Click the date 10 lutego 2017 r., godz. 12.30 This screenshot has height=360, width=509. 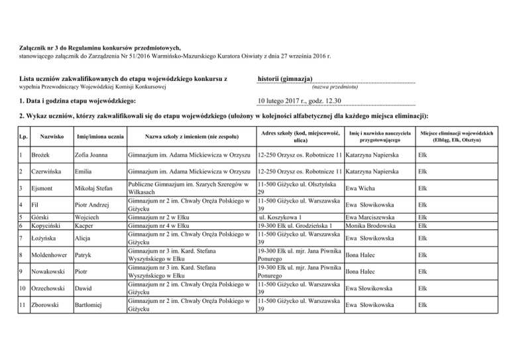coord(300,101)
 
